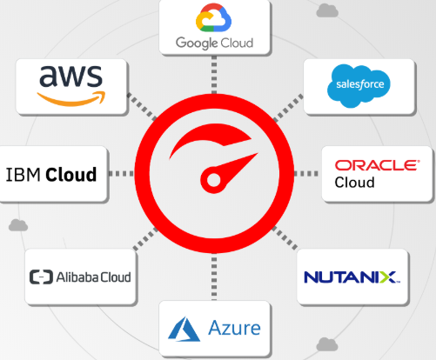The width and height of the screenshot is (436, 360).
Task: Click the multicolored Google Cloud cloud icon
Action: click(x=213, y=17)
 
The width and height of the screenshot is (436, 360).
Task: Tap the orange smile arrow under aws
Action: click(x=71, y=99)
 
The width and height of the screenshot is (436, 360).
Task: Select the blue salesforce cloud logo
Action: click(x=359, y=85)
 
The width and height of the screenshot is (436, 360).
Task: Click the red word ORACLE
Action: click(x=378, y=165)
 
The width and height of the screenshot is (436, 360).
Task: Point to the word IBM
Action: click(x=23, y=175)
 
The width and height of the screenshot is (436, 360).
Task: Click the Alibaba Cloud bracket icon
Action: click(x=41, y=277)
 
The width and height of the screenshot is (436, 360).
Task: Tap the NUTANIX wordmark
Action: click(x=352, y=277)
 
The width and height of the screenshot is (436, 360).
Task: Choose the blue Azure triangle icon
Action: click(x=184, y=329)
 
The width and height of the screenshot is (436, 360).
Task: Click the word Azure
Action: click(x=234, y=328)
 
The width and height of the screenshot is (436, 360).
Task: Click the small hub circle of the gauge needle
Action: click(x=214, y=180)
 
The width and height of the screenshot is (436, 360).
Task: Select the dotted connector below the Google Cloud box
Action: click(x=214, y=75)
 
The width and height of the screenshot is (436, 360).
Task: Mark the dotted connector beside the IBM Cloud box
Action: click(x=121, y=174)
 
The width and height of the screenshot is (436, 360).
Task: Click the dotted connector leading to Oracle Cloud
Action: click(x=306, y=174)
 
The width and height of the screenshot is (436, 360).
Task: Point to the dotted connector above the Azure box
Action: click(x=214, y=277)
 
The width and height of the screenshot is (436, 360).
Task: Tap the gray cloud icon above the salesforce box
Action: click(x=327, y=10)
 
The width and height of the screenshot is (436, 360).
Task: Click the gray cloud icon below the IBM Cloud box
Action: click(x=18, y=225)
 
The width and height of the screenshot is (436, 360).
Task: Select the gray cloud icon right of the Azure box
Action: click(x=327, y=344)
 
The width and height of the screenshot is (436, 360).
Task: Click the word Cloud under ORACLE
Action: click(x=354, y=183)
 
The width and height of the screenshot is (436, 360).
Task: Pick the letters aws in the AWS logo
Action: click(x=70, y=76)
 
